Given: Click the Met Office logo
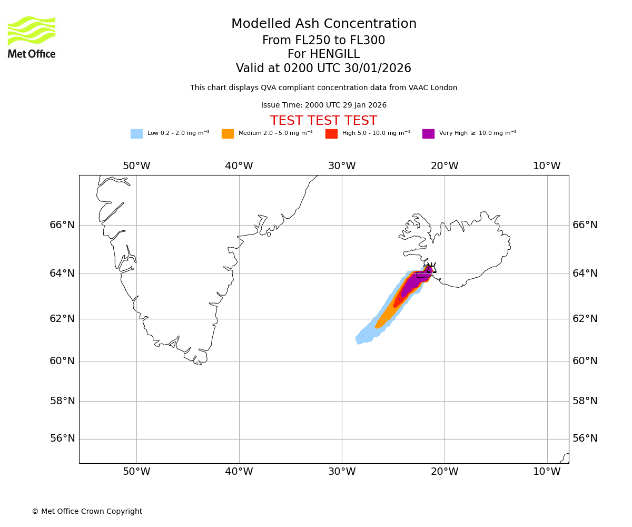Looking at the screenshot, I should point(32,37).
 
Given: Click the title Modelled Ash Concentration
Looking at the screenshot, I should point(324,24).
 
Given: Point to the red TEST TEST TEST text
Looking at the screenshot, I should point(324,121).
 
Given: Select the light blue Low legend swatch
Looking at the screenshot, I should point(136,134).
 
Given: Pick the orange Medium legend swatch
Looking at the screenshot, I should point(228,134).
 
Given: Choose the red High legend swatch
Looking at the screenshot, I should point(331,134).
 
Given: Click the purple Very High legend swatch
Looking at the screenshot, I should point(428,134).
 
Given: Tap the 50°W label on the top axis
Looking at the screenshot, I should point(136,166).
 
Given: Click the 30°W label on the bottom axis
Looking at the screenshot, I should point(342,472).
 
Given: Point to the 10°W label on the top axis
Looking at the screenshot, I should point(547,166).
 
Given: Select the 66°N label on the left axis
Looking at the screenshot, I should point(62,225).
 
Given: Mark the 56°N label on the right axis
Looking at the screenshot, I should point(585,438).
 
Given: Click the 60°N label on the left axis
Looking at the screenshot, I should point(62,361).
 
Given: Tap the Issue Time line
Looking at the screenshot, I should point(324,105).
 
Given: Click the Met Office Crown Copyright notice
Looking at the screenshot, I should point(87,512).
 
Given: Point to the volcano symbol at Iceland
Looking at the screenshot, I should point(431,267).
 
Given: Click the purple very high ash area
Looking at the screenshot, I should point(413,285).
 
